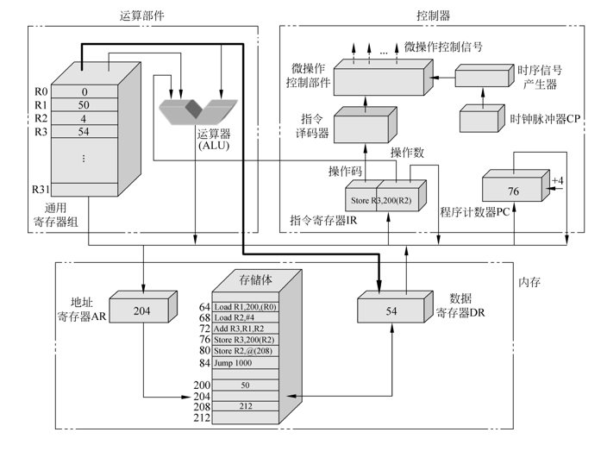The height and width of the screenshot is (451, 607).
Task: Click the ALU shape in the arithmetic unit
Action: pyautogui.click(x=198, y=111)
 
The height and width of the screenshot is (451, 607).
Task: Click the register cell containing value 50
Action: pyautogui.click(x=84, y=105)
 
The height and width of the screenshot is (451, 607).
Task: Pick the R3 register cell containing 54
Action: pyautogui.click(x=84, y=132)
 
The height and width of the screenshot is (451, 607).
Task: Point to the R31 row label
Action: pyautogui.click(x=41, y=189)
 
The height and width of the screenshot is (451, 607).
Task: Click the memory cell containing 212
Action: pyautogui.click(x=246, y=405)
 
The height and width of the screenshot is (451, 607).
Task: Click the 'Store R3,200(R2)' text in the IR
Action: pyautogui.click(x=377, y=201)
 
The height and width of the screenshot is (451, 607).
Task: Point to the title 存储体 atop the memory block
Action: pyautogui.click(x=258, y=279)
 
